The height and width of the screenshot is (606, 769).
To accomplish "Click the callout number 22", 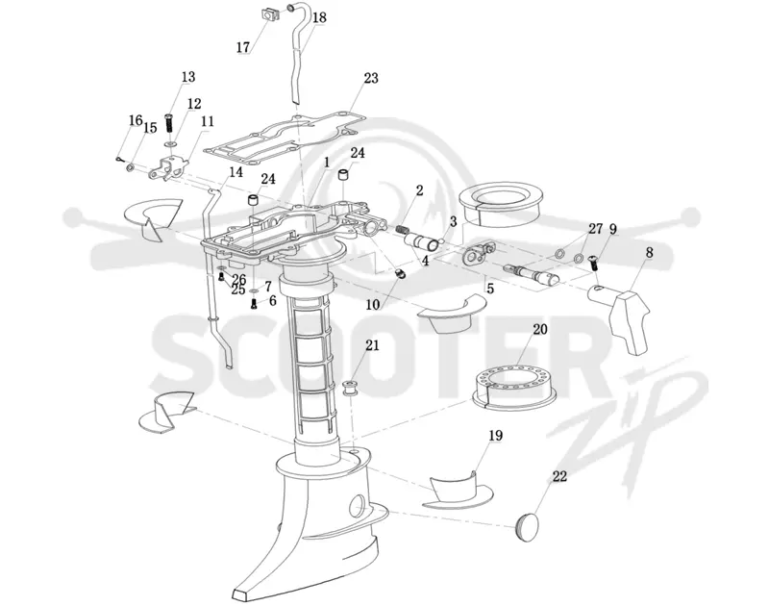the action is pyautogui.click(x=559, y=476).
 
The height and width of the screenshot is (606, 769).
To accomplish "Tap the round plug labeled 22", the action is pyautogui.click(x=527, y=525).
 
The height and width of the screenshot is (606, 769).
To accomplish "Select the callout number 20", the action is pyautogui.click(x=539, y=329).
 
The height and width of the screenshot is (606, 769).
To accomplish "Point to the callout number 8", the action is pyautogui.click(x=649, y=253).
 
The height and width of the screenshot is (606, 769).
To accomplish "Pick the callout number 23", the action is pyautogui.click(x=371, y=78).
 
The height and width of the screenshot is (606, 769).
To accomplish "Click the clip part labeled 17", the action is pyautogui.click(x=268, y=15).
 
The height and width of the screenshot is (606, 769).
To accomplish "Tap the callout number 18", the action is pyautogui.click(x=319, y=17).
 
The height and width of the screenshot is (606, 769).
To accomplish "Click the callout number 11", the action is pyautogui.click(x=208, y=121).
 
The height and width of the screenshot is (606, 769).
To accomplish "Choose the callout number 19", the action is pyautogui.click(x=495, y=435).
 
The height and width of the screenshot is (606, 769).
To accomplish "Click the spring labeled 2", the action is pyautogui.click(x=403, y=230).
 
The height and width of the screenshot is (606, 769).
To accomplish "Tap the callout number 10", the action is pyautogui.click(x=373, y=305).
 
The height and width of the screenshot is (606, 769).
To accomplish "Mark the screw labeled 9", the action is pyautogui.click(x=593, y=261).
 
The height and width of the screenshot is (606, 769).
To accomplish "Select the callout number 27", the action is pyautogui.click(x=595, y=228).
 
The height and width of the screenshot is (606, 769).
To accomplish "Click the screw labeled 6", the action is pyautogui.click(x=254, y=305).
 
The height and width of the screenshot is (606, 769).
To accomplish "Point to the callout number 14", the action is pyautogui.click(x=236, y=172).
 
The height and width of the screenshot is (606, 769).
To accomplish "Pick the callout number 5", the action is pyautogui.click(x=490, y=289).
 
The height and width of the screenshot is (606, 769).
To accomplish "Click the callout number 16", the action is pyautogui.click(x=136, y=120).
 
